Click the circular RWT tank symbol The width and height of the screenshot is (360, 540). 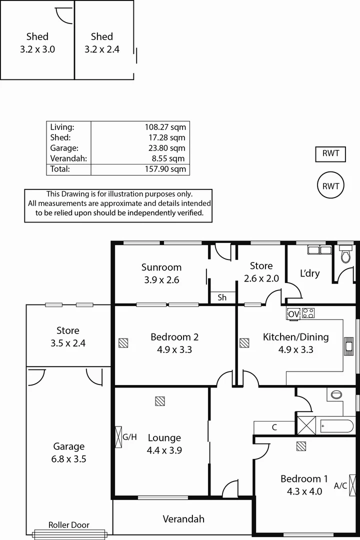point(330,186)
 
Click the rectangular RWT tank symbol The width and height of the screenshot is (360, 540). point(330,154)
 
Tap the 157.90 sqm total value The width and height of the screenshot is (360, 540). point(165,169)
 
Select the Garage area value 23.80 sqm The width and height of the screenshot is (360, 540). point(165,148)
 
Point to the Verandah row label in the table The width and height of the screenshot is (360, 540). point(68,158)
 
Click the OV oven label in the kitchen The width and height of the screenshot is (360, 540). point(293,313)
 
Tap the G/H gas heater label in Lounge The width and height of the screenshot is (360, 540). point(129,437)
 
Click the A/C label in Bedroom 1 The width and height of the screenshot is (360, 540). point(341,485)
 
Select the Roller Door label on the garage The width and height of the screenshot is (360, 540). point(69,525)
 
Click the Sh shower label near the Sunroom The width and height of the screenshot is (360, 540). point(222,297)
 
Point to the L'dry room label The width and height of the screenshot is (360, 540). point(309,273)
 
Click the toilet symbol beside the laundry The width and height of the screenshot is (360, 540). point(344,255)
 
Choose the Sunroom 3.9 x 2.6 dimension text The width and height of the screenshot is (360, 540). point(161,280)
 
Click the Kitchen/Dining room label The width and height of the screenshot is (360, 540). point(296,337)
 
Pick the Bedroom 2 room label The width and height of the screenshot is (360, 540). point(171,337)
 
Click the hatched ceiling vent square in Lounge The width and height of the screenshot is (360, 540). point(160,401)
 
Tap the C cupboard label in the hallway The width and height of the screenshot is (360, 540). point(274,427)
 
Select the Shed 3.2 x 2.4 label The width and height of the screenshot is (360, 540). point(102,43)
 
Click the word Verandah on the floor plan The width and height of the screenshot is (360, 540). point(183,519)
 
